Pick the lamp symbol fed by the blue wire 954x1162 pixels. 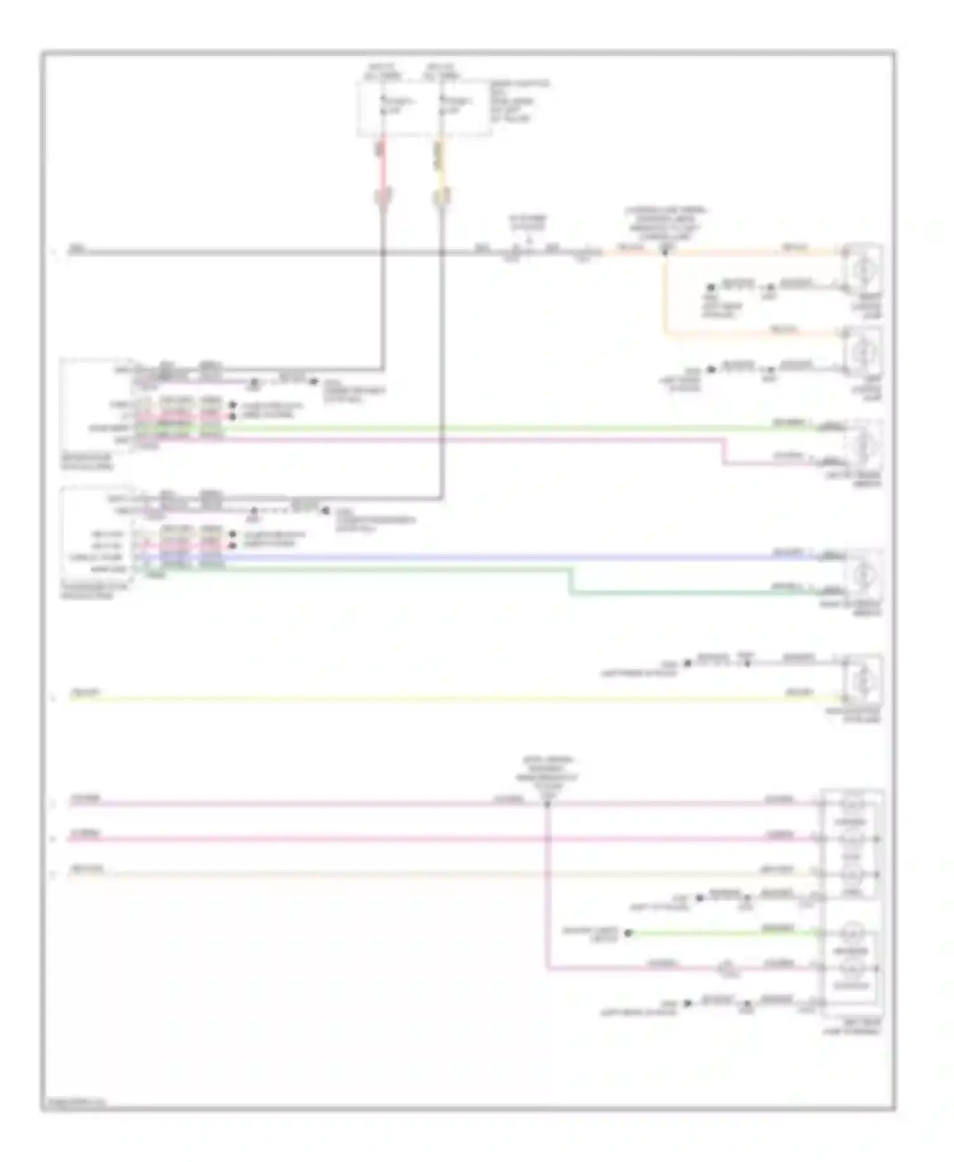point(862,573)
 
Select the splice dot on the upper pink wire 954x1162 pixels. point(547,804)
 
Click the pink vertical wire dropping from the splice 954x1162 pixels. point(547,890)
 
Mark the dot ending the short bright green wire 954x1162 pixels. point(628,933)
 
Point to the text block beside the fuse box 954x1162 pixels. point(519,102)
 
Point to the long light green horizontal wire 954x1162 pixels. point(496,428)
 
